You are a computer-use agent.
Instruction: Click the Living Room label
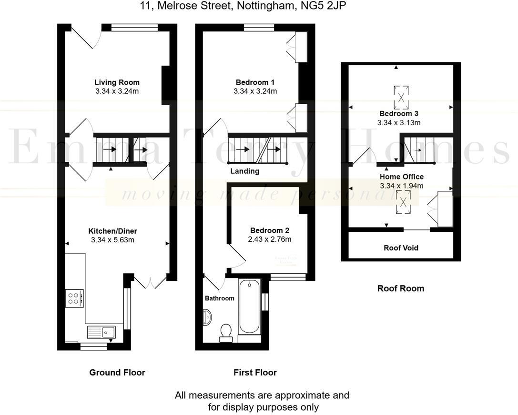[x=117, y=82]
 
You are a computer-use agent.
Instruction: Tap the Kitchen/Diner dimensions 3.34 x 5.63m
[x=112, y=240]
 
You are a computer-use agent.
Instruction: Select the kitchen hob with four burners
[x=74, y=298]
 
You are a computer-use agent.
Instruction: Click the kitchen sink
[x=102, y=331]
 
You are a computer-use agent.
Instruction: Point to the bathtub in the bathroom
[x=249, y=306]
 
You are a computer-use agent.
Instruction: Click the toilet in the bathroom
[x=225, y=332]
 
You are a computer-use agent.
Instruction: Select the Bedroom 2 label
[x=269, y=229]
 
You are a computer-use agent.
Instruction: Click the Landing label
[x=244, y=171]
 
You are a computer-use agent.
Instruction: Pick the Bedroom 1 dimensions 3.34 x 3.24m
[x=255, y=91]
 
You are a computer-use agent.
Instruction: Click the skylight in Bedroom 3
[x=401, y=97]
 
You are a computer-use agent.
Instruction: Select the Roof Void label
[x=401, y=248]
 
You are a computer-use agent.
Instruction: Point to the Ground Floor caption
[x=117, y=372]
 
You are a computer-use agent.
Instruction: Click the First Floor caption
[x=255, y=372]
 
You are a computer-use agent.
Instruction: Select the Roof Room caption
[x=400, y=288]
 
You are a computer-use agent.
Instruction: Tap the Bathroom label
[x=219, y=298]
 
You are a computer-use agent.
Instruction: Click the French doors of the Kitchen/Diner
[x=150, y=282]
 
